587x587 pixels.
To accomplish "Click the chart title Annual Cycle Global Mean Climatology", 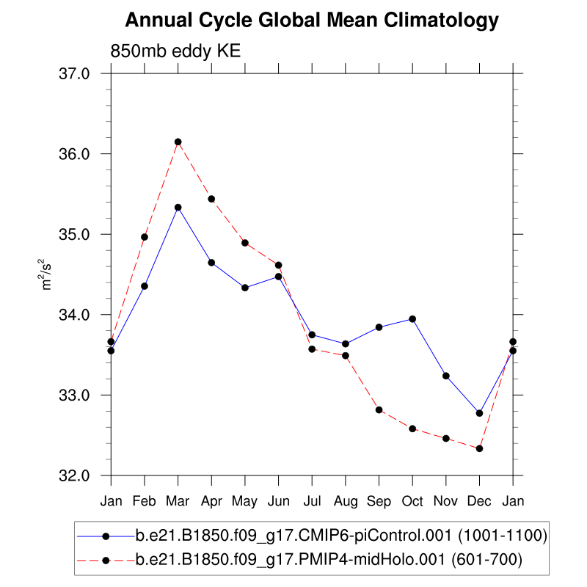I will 312,21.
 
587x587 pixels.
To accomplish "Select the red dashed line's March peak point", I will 178,142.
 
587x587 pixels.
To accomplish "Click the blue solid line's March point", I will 178,207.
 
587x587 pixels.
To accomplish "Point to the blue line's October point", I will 412,318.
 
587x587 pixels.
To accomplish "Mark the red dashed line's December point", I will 479,448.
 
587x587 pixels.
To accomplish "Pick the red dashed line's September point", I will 379,409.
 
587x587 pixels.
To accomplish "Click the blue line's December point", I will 479,413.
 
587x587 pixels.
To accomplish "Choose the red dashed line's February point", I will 145,237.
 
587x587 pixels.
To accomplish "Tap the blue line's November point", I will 445,376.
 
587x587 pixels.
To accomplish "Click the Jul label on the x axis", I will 312,501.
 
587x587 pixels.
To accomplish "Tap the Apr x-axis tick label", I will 211,501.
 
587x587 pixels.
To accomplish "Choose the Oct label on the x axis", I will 412,501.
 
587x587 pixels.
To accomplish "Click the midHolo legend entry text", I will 328,561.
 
